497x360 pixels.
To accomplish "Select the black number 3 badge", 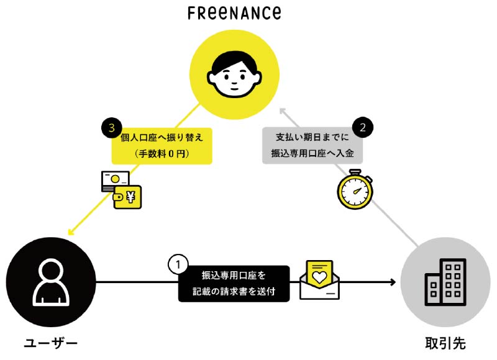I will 111,128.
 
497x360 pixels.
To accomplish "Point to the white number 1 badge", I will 178,265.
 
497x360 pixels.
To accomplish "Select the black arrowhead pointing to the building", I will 393,283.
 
